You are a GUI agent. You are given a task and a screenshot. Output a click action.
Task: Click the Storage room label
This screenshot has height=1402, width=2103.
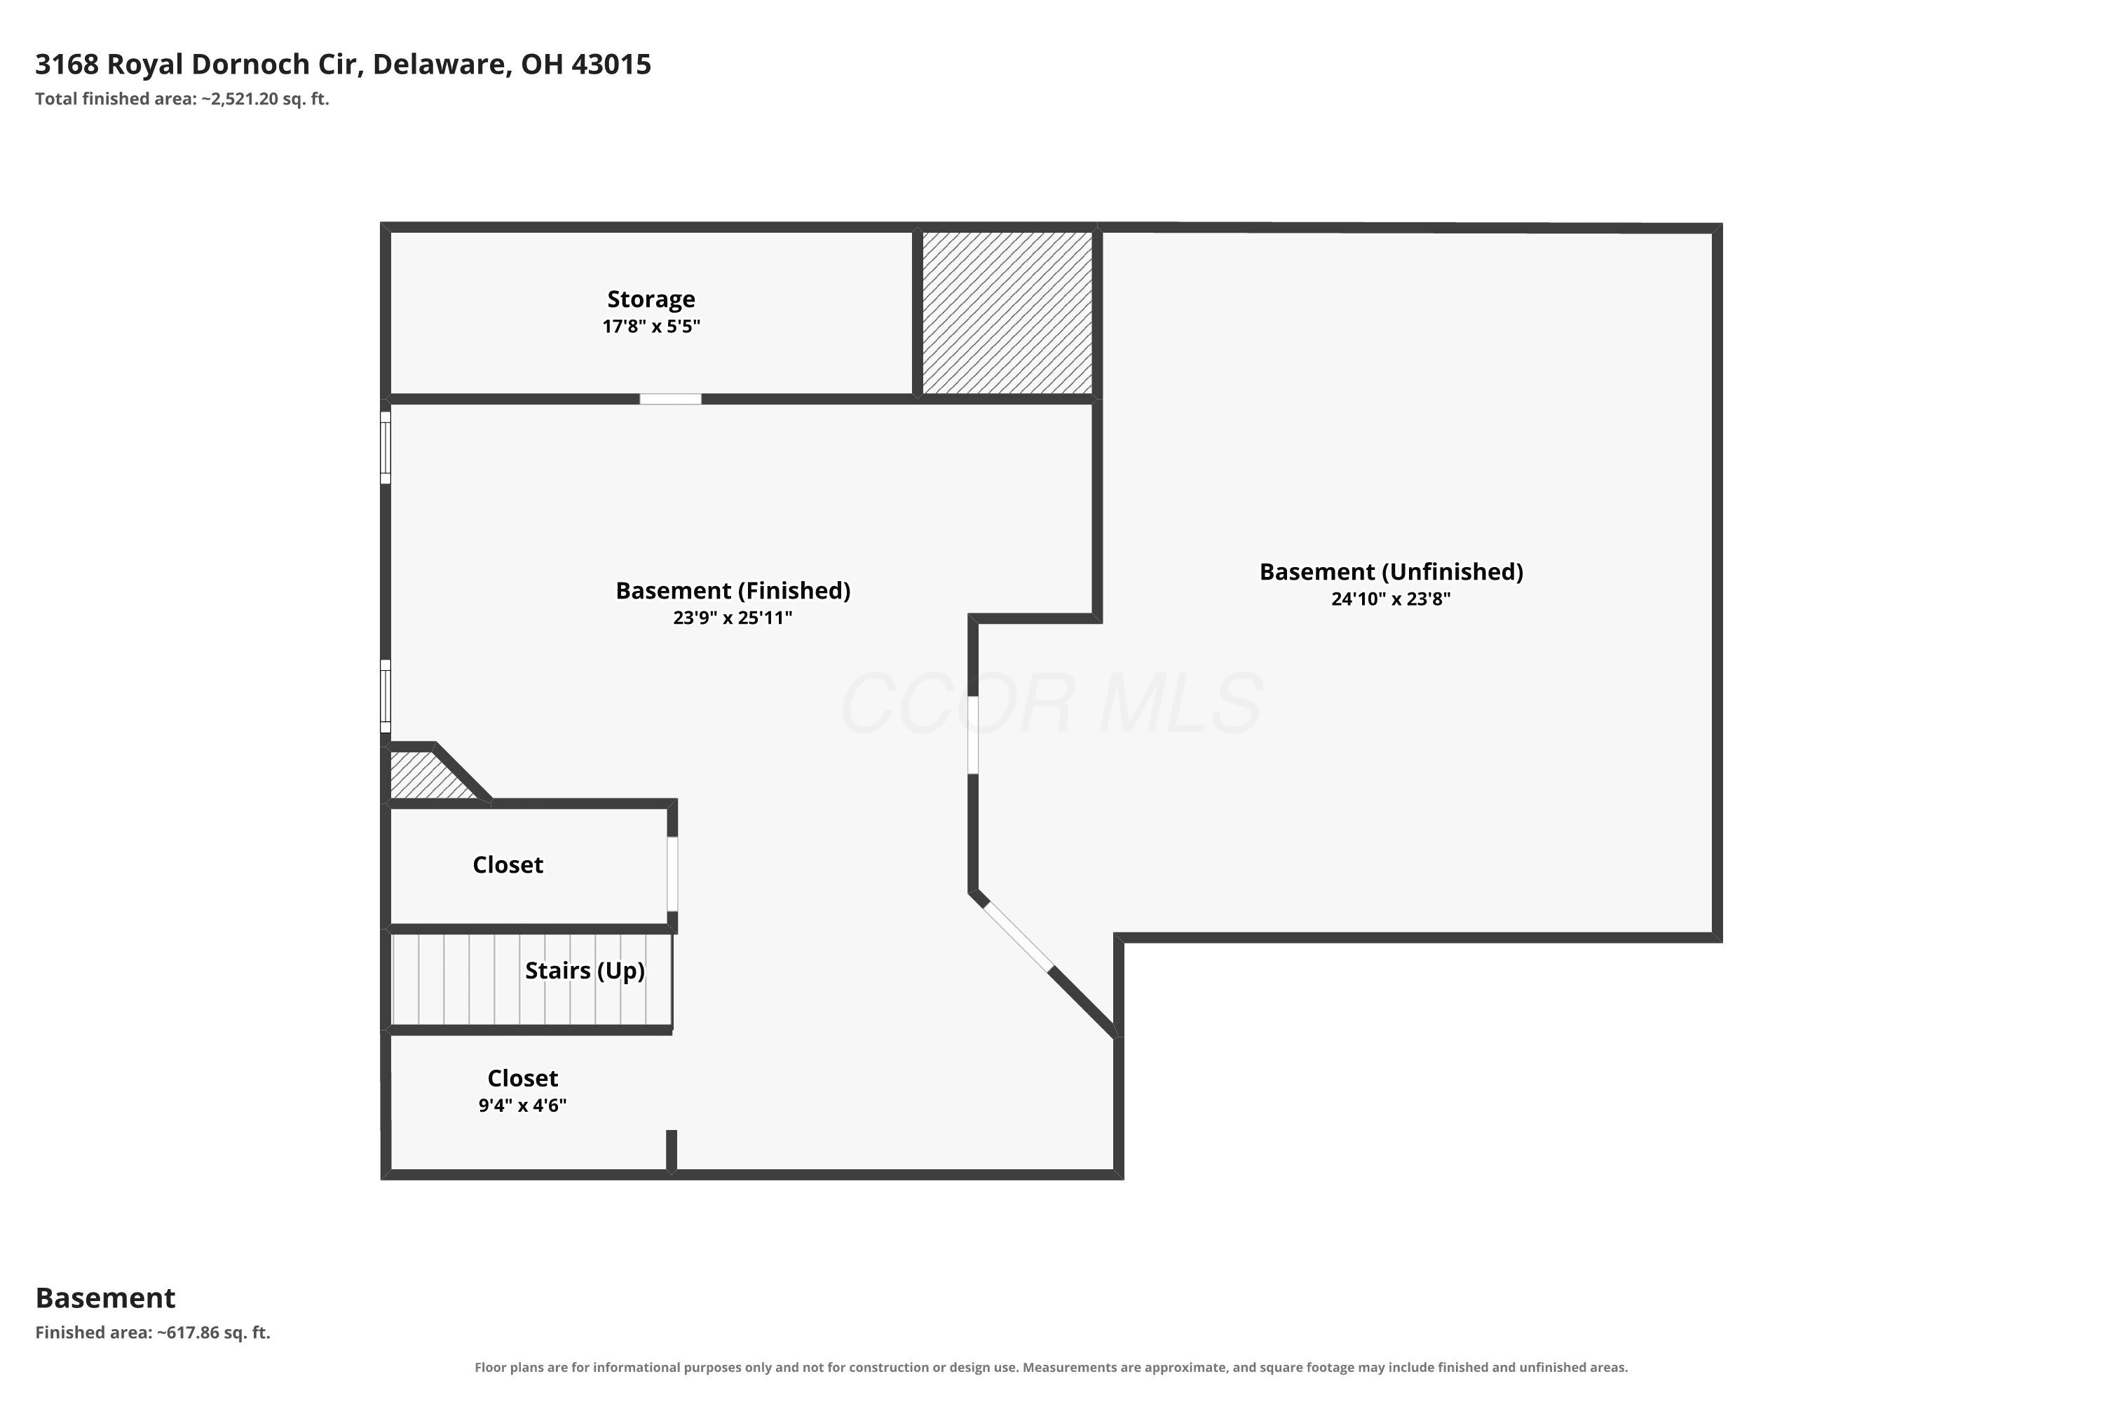(x=651, y=299)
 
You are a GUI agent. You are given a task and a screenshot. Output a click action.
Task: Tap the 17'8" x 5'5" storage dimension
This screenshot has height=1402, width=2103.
(x=651, y=327)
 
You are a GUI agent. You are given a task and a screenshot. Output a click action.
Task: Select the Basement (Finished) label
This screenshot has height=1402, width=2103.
(x=733, y=590)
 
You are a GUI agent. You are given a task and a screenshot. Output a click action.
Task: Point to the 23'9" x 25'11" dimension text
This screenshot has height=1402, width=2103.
(x=733, y=618)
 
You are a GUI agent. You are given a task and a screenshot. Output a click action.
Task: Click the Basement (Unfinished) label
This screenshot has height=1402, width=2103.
(x=1391, y=571)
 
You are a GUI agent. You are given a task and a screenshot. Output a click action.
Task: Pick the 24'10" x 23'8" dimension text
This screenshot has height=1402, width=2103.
(x=1391, y=599)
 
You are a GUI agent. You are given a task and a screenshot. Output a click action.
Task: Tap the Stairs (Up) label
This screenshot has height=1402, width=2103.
(x=585, y=970)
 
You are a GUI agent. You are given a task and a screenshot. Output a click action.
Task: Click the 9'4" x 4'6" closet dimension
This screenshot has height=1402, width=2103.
(x=522, y=1105)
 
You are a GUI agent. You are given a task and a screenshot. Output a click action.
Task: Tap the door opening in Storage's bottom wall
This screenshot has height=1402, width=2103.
(x=671, y=399)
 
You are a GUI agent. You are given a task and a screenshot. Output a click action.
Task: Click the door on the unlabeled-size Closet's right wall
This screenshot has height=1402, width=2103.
(x=672, y=873)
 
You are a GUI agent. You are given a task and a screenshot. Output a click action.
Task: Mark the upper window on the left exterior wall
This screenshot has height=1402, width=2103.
(x=386, y=447)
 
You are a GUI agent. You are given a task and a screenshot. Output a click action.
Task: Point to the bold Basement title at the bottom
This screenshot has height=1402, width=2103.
(x=106, y=1298)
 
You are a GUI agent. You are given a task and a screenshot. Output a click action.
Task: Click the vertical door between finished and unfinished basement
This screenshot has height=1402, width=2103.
(x=973, y=735)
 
